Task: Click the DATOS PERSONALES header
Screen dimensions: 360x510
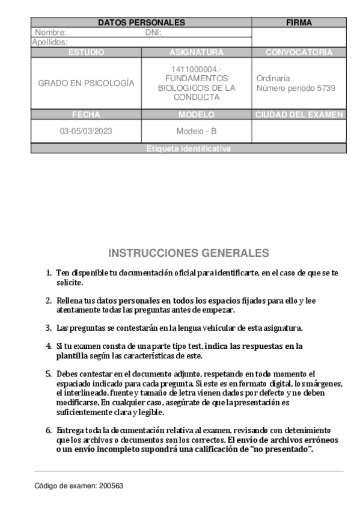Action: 141,23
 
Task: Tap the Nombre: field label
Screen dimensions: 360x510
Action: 50,33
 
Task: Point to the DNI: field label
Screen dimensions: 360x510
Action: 153,33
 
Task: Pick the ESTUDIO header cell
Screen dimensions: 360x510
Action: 86,52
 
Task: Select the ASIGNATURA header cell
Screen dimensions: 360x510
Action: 197,52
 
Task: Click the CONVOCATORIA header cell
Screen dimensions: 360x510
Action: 299,52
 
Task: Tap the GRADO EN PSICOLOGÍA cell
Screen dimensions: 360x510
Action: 86,84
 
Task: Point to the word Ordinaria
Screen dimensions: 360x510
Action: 273,78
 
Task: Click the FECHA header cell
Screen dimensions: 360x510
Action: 86,114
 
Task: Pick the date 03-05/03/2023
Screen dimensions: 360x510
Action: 86,131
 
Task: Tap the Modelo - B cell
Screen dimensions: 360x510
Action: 197,131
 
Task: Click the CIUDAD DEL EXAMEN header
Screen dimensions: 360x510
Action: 299,114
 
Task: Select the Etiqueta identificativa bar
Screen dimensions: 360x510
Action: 188,149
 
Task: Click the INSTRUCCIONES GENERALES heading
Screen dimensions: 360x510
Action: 188,253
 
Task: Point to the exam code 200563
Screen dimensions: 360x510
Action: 111,484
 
